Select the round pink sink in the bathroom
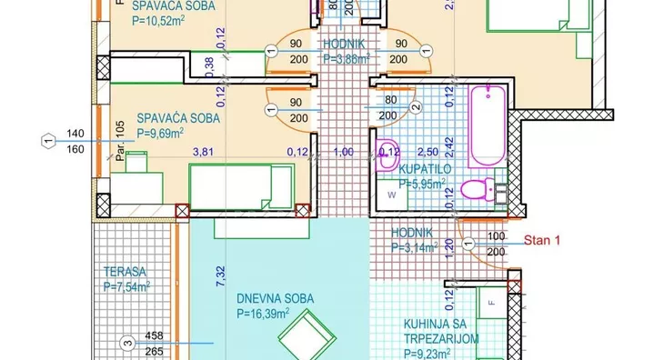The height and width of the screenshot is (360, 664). [x=389, y=153]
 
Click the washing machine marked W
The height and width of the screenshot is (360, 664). [x=393, y=195]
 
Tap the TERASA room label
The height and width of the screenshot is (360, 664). [x=125, y=271]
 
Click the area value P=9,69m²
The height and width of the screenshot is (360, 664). [x=160, y=133]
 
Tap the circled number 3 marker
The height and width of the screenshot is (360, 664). [x=127, y=343]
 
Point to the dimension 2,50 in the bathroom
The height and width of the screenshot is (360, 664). [x=428, y=152]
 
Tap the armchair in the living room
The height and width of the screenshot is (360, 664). [x=302, y=340]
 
